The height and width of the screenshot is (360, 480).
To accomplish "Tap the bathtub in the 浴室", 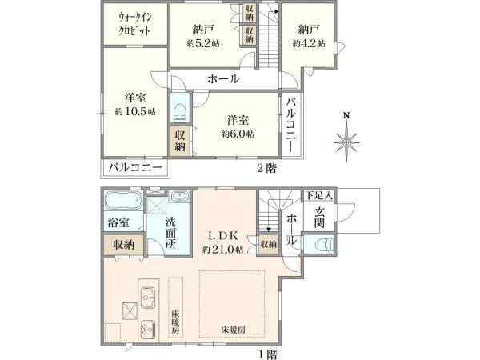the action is pyautogui.click(x=123, y=201).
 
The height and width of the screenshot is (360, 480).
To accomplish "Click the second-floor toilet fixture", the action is pyautogui.click(x=179, y=111).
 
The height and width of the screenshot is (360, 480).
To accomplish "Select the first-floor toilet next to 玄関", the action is pyautogui.click(x=323, y=244).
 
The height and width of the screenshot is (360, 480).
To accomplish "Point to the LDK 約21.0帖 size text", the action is pyautogui.click(x=223, y=250).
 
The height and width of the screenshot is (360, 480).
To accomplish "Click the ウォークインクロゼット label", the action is pyautogui.click(x=135, y=24).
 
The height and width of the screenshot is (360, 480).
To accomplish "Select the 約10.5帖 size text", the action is pyautogui.click(x=135, y=112).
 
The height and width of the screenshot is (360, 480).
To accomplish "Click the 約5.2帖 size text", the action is pyautogui.click(x=203, y=43).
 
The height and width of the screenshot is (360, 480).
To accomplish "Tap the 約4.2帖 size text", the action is pyautogui.click(x=309, y=43).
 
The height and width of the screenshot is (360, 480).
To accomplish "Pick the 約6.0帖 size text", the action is pyautogui.click(x=238, y=134).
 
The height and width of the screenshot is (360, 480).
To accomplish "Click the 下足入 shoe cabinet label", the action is pyautogui.click(x=319, y=195).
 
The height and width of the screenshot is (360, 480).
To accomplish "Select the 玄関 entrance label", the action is pyautogui.click(x=319, y=218).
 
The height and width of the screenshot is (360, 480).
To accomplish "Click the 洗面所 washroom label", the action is pyautogui.click(x=170, y=233).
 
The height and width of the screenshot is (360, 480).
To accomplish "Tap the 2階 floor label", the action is pyautogui.click(x=266, y=168).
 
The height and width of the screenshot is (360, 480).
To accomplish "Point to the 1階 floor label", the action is pyautogui.click(x=268, y=354).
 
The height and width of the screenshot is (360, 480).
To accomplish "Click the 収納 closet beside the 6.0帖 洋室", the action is pyautogui.click(x=180, y=140).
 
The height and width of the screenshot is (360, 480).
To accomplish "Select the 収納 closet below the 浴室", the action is pyautogui.click(x=123, y=245).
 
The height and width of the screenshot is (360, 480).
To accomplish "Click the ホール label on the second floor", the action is pyautogui.click(x=223, y=79).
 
